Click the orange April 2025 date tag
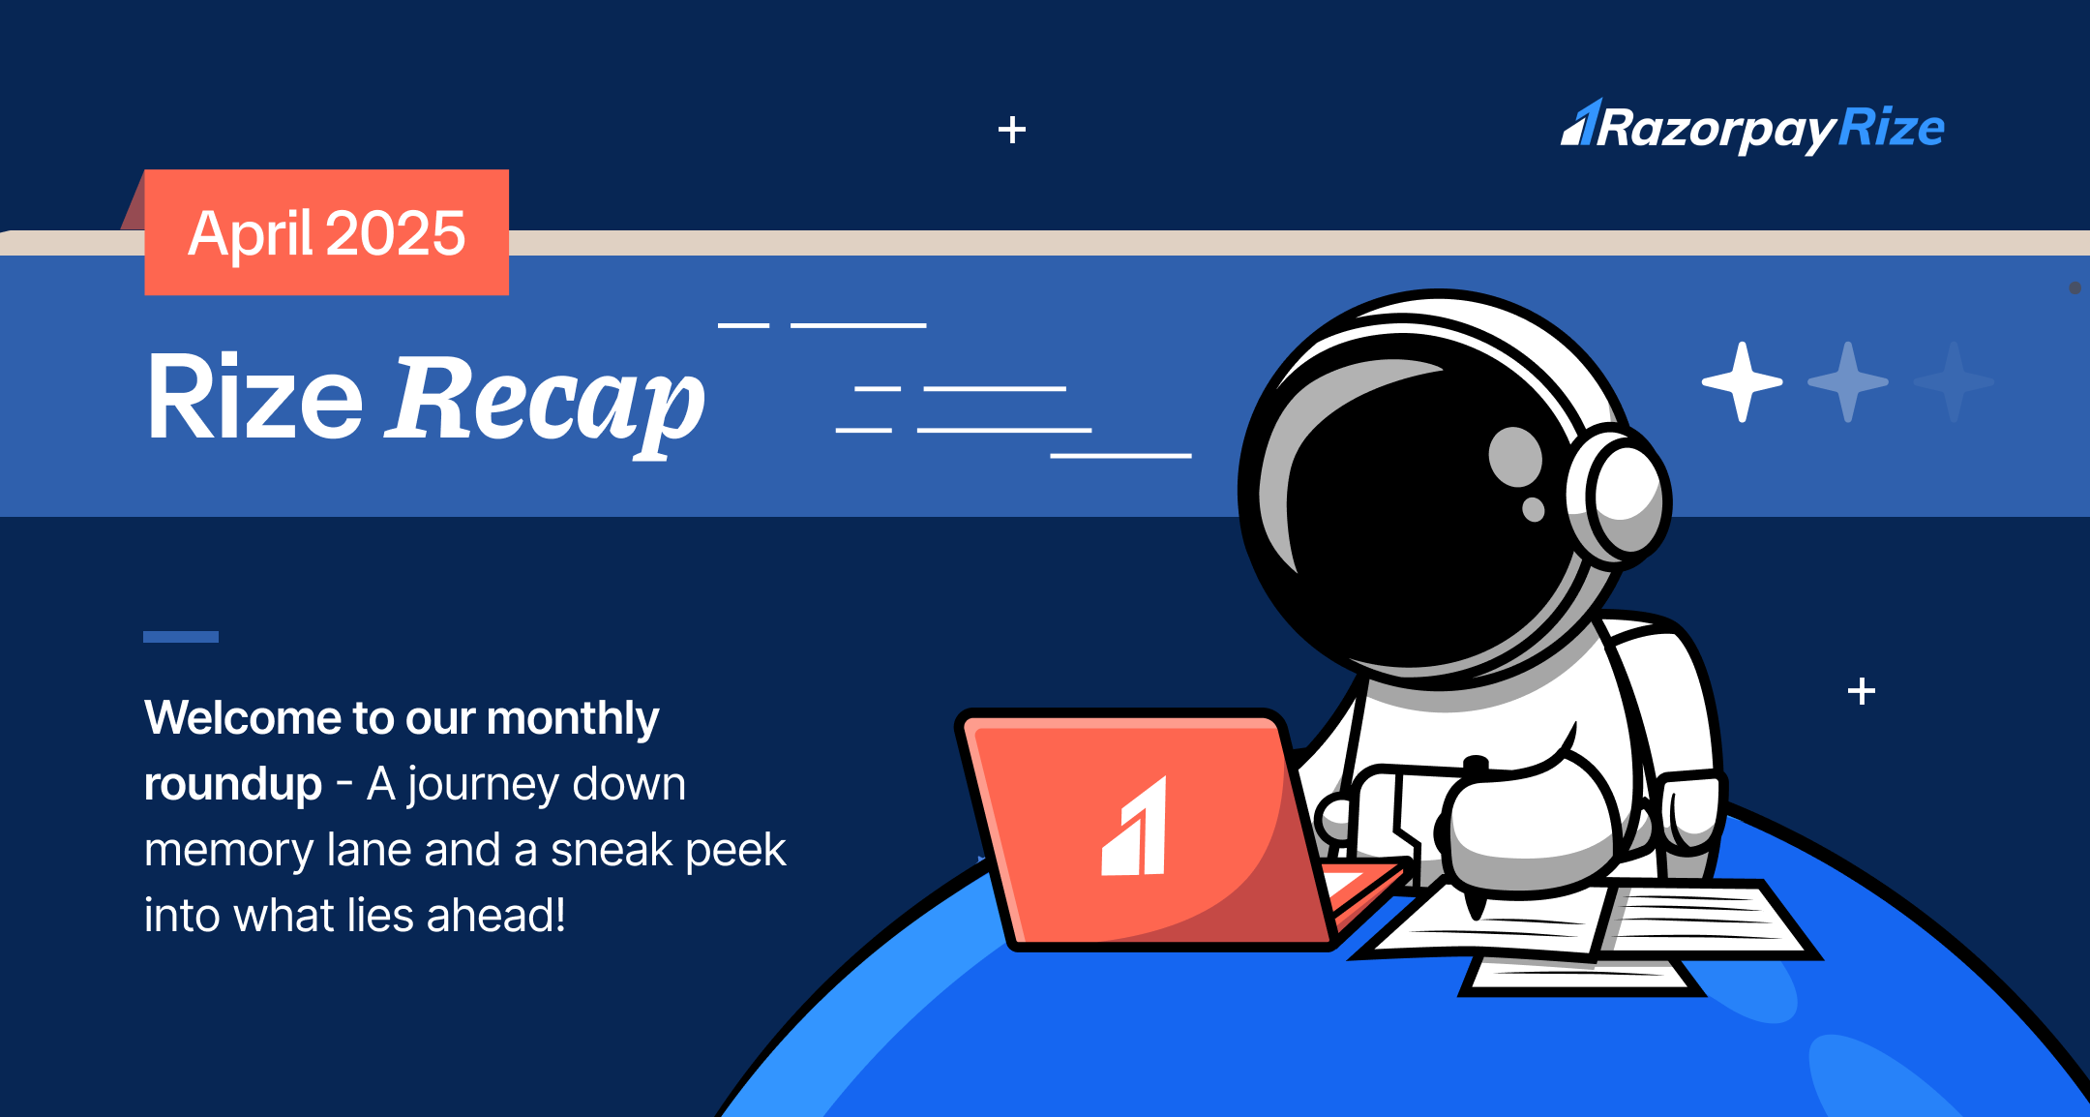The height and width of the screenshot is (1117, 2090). pos(326,233)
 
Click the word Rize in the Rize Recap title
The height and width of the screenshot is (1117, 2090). pos(254,398)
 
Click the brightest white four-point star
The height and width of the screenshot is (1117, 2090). pos(1742,382)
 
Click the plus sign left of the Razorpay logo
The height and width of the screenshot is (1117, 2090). pos(1012,130)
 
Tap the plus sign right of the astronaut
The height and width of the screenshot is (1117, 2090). pos(1861,691)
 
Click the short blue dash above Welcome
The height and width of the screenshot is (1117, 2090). pos(181,637)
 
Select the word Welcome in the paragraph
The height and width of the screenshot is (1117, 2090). pos(243,718)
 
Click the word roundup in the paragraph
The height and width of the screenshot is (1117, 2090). pos(233,784)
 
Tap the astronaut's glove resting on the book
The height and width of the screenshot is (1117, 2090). pos(1529,823)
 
